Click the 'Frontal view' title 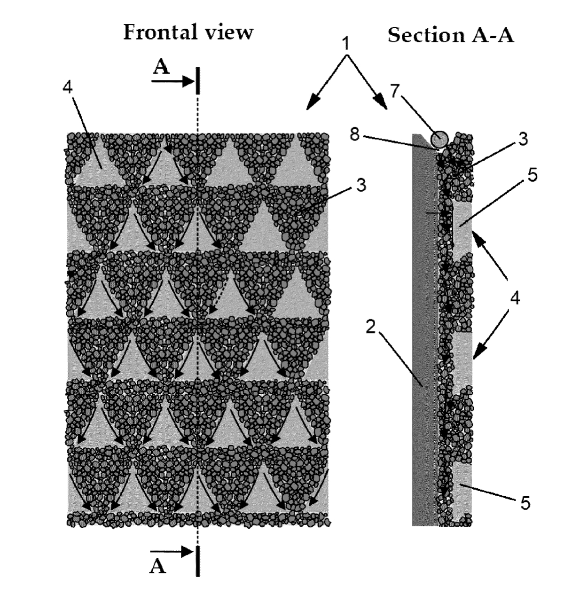pos(188,32)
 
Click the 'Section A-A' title pos(451,35)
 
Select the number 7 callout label pos(395,91)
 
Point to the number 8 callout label pos(354,134)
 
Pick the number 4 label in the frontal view pos(68,87)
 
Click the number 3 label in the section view pos(523,139)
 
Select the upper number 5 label pos(532,175)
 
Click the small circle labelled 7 pos(440,139)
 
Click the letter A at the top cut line pos(161,67)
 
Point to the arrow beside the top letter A pos(172,81)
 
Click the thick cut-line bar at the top pos(198,81)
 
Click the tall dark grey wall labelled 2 pos(425,329)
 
